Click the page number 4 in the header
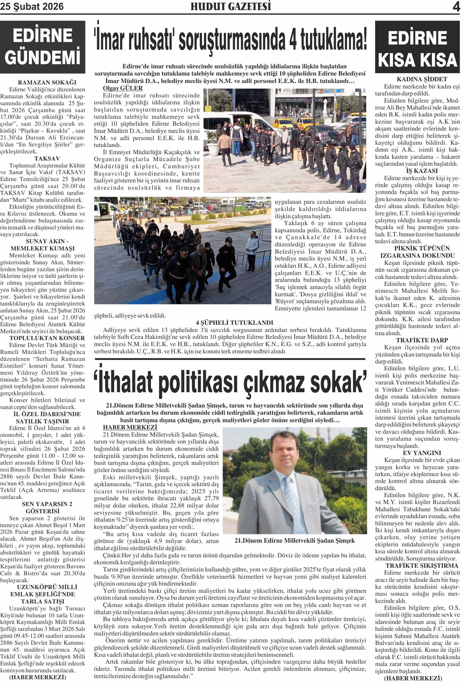tap(456, 7)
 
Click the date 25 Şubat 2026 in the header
tap(32, 7)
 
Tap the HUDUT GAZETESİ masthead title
tap(230, 7)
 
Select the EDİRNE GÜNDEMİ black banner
tap(43, 47)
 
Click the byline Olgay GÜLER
tap(123, 88)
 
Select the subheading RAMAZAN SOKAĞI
tap(47, 82)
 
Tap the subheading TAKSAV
tap(47, 158)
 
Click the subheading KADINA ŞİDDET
tap(422, 79)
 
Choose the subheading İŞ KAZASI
tap(417, 171)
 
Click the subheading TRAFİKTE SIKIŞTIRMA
tap(422, 566)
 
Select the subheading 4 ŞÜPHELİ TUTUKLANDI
tap(234, 323)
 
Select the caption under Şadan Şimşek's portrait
tap(295, 541)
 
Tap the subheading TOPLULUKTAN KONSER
tap(47, 338)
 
